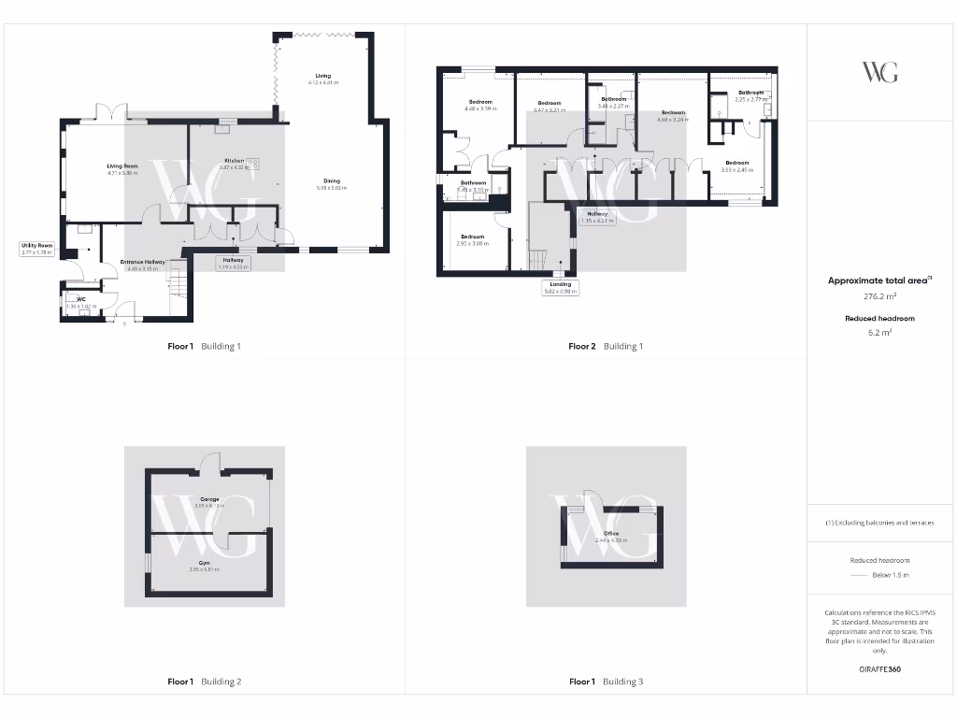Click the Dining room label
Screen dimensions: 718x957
tap(332, 181)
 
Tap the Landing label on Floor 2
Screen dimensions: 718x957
tap(561, 284)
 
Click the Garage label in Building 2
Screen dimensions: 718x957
tap(208, 499)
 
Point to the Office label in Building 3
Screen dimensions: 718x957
tap(611, 534)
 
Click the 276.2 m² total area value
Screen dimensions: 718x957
tap(880, 295)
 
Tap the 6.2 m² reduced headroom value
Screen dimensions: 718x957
tap(880, 332)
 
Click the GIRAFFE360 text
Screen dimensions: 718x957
tap(880, 669)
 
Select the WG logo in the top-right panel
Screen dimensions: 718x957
tap(880, 72)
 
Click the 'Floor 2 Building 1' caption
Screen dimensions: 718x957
tap(606, 346)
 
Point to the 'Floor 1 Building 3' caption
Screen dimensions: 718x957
tap(606, 682)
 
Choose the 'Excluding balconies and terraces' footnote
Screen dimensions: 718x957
tap(880, 523)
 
